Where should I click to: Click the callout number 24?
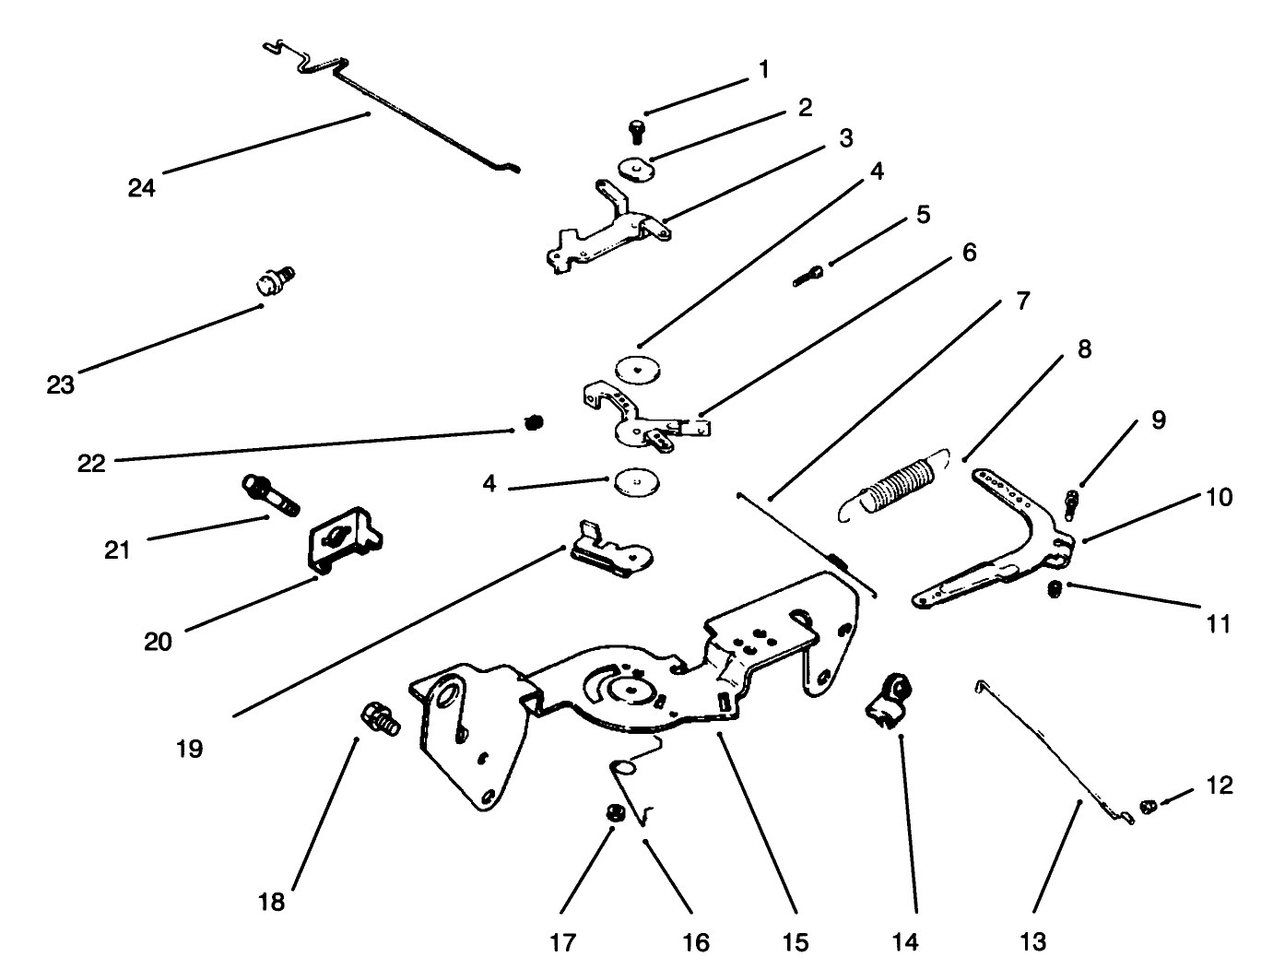click(142, 188)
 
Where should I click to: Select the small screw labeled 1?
click(636, 131)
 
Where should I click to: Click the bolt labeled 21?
click(270, 495)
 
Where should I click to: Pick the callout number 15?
click(795, 941)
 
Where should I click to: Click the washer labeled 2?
click(635, 170)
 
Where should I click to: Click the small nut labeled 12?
click(1148, 807)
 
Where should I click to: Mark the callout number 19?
click(189, 748)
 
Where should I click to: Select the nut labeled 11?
click(1055, 589)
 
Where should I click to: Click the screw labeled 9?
click(1072, 502)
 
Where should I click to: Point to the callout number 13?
click(1033, 941)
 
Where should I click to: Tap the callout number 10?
click(1219, 497)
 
